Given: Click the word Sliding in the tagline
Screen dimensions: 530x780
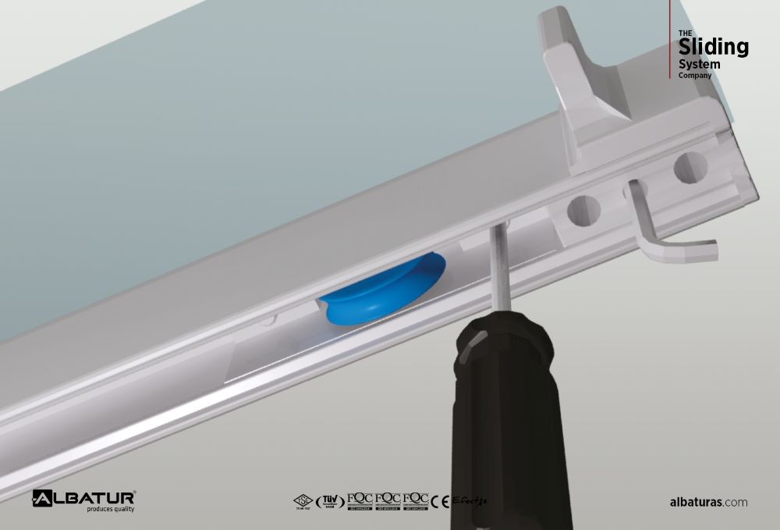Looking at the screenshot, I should tap(713, 47).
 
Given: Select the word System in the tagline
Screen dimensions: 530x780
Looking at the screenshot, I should tap(699, 64).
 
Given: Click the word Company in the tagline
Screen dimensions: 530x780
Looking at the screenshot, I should tap(694, 76).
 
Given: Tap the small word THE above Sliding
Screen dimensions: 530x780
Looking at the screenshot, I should tap(685, 32).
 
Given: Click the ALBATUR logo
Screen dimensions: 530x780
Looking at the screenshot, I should tap(84, 497).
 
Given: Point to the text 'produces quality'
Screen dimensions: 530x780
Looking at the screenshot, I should tap(110, 509).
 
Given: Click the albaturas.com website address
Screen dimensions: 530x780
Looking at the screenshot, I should tap(708, 502).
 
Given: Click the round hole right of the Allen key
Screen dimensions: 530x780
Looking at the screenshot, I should tap(690, 166).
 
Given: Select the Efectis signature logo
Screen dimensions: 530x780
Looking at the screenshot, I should tap(469, 501).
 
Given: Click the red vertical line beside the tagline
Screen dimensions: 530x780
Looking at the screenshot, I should tap(670, 39).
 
